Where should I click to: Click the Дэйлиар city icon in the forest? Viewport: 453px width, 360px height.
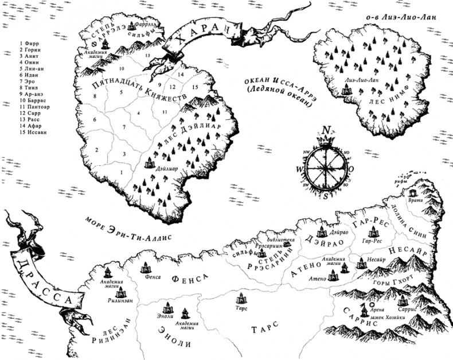153,163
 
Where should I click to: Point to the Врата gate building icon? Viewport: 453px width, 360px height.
415,193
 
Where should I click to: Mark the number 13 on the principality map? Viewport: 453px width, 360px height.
147,55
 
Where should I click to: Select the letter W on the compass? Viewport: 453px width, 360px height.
299,170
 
